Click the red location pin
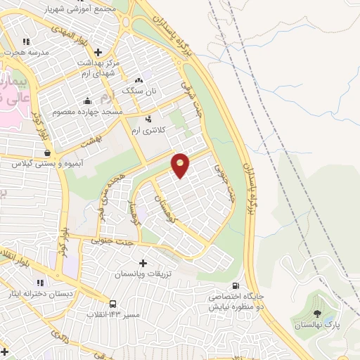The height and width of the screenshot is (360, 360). click(181, 165)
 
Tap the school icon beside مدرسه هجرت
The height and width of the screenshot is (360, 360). click(27, 41)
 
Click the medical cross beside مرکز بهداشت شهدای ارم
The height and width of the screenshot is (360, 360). click(98, 52)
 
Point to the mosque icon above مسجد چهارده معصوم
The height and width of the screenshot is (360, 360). click(86, 101)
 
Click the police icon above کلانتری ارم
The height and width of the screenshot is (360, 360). click(148, 119)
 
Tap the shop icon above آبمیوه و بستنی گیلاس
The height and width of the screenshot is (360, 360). click(47, 152)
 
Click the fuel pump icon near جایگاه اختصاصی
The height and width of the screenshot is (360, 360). click(235, 285)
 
